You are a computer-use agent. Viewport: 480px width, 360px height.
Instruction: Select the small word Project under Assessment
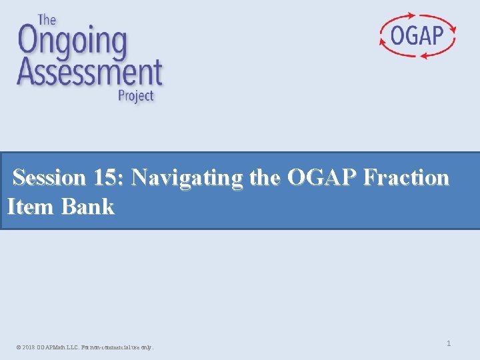tap(135, 95)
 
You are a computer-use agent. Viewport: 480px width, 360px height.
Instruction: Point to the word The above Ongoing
tap(46, 19)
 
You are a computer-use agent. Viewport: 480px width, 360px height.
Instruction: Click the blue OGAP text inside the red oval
tap(417, 35)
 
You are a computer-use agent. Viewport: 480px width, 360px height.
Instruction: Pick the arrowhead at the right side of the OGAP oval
tap(454, 29)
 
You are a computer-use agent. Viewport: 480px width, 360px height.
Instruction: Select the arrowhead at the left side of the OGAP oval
tap(382, 41)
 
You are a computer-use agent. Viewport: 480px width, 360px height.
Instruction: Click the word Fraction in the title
tap(407, 178)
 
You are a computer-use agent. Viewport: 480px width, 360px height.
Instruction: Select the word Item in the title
tap(30, 207)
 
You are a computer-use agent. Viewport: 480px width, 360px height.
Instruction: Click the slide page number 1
tap(449, 343)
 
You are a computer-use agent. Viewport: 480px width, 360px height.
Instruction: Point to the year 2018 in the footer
tap(29, 347)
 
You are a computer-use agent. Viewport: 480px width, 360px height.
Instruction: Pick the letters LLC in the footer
tap(73, 347)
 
